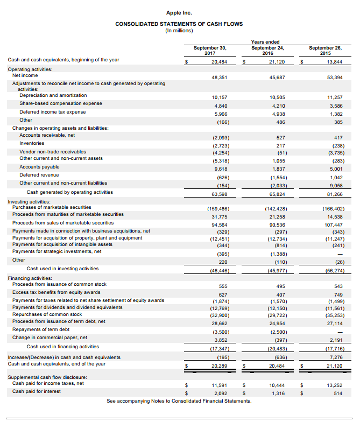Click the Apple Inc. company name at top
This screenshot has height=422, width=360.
pos(179,12)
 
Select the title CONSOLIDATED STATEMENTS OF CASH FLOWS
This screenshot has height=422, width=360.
pos(179,24)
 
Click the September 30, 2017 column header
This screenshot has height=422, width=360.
pos(210,50)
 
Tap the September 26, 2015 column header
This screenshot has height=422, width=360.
pos(324,50)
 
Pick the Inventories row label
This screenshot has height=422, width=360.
pos(32,143)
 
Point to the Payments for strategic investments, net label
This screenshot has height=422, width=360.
pos(57,251)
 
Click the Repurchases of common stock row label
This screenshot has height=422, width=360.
pos(47,314)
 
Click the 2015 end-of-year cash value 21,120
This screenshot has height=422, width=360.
pos(335,366)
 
